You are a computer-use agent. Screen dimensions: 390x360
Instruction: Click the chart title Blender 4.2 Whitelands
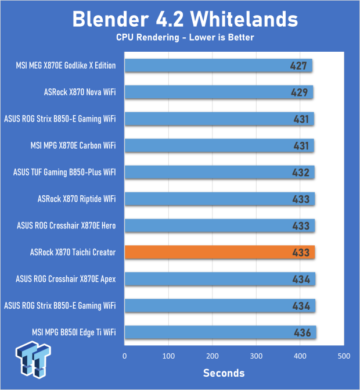click(185, 19)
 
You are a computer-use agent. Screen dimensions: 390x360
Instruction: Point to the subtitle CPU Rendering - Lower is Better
click(185, 38)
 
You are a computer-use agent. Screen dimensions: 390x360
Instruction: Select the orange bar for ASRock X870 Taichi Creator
click(219, 252)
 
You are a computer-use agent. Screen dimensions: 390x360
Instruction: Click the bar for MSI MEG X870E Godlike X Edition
click(218, 65)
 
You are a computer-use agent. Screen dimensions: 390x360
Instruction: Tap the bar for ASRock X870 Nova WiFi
click(218, 92)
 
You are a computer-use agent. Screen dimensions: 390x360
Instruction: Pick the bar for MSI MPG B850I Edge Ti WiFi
click(220, 332)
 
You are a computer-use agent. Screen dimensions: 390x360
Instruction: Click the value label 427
click(298, 65)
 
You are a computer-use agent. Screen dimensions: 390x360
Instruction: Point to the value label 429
click(299, 92)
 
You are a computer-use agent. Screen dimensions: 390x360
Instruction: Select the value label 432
click(301, 172)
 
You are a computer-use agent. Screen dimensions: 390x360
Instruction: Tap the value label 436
click(302, 332)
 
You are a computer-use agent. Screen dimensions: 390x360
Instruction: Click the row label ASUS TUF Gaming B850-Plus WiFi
click(64, 172)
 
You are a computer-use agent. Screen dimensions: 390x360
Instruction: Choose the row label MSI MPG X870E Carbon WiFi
click(73, 145)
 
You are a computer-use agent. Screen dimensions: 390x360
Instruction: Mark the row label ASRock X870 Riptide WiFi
click(77, 199)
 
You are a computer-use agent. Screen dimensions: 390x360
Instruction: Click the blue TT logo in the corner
click(34, 362)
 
